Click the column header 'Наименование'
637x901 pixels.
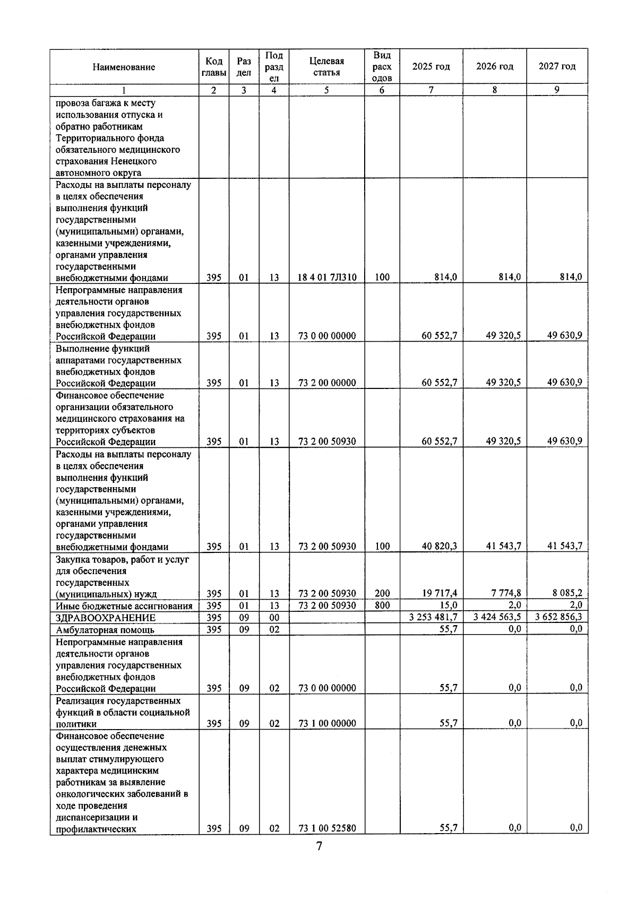tap(124, 67)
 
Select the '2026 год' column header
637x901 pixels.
tap(494, 66)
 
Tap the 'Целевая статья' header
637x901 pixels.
tap(326, 67)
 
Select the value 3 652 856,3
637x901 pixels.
tap(558, 617)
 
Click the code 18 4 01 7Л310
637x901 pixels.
tap(327, 277)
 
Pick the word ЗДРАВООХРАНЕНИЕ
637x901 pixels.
tap(106, 618)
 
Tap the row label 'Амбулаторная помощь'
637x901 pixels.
tap(105, 630)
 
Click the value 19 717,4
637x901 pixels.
tap(439, 594)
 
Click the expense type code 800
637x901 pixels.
tap(382, 605)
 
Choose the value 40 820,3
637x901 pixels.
tap(439, 547)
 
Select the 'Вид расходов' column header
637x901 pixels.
tap(382, 67)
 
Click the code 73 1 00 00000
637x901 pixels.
tap(327, 723)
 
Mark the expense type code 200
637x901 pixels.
tap(382, 594)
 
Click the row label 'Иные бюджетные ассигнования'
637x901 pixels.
tap(124, 606)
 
